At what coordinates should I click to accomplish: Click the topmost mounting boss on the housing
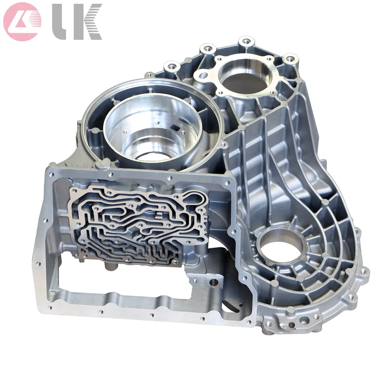point(247,41)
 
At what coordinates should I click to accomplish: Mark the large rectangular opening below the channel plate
point(120,279)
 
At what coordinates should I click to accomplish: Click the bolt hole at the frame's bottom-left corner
point(49,308)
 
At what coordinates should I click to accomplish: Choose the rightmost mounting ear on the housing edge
point(364,271)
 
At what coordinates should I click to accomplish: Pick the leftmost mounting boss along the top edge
point(170,67)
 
